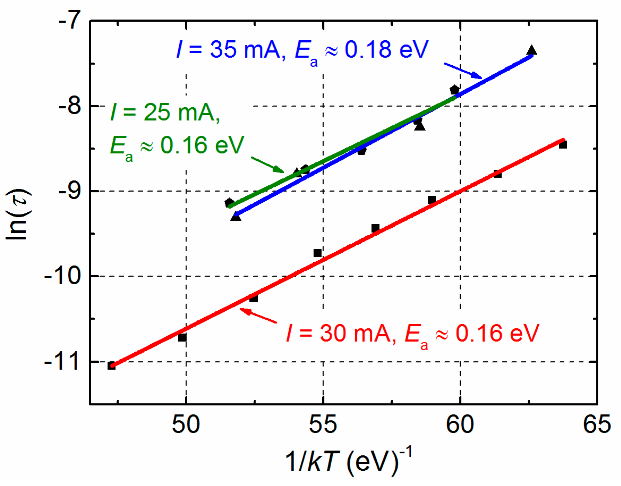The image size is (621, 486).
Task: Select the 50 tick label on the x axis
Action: (186, 425)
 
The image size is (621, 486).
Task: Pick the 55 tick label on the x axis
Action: (323, 425)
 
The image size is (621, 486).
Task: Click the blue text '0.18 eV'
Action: (386, 50)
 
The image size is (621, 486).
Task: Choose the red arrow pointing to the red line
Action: (258, 316)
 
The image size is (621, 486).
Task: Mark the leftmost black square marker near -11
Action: (111, 365)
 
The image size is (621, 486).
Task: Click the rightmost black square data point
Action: (563, 145)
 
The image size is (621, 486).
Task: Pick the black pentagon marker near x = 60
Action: (454, 90)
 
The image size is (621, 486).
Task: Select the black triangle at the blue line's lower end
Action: (236, 217)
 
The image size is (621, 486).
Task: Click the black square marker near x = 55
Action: (317, 253)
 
